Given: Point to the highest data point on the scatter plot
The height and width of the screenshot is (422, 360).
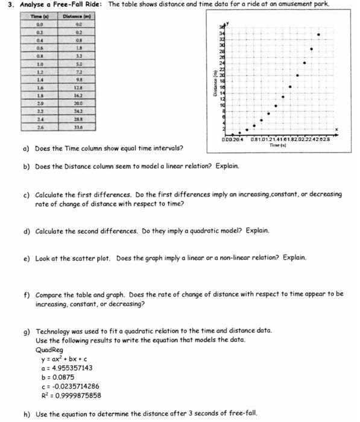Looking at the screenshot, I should point(319,35).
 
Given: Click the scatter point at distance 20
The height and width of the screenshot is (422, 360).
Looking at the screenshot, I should point(297,75).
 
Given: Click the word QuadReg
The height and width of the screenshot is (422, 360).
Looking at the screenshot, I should point(49,350).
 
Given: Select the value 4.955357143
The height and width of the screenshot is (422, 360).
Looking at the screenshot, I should point(71,368).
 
